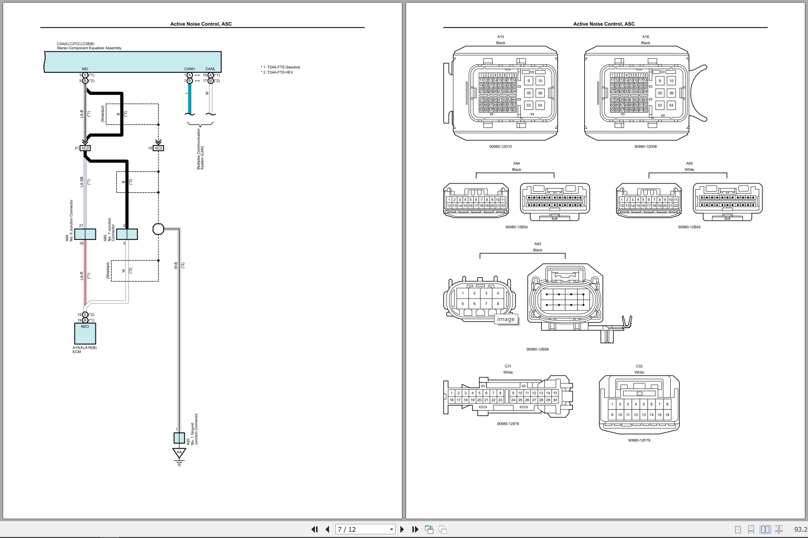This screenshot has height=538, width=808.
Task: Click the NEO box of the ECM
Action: (x=85, y=333)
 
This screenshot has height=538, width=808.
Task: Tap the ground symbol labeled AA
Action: (x=179, y=454)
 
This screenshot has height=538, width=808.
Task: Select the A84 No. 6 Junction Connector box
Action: (x=85, y=234)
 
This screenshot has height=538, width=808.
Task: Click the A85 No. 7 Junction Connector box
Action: (x=127, y=234)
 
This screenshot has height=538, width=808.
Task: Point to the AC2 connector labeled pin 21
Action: (x=85, y=148)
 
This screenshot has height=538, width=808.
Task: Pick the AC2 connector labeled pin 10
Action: (x=158, y=148)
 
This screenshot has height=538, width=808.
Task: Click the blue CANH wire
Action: (x=190, y=100)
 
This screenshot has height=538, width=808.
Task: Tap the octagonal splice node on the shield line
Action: (x=158, y=229)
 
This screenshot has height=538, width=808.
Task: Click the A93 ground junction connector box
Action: (x=179, y=438)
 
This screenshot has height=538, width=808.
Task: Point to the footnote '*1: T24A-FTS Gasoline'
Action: (x=281, y=67)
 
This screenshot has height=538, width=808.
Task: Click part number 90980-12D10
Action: (x=500, y=147)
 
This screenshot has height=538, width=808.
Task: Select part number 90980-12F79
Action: (x=639, y=441)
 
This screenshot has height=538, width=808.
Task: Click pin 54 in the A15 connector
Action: (x=540, y=105)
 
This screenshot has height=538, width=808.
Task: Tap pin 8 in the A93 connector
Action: (x=498, y=304)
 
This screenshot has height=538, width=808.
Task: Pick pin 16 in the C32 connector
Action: (x=667, y=415)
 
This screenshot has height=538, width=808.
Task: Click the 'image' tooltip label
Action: (x=506, y=320)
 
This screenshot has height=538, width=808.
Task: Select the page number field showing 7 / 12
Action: (x=365, y=529)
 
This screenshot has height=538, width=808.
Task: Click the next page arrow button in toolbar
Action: (x=402, y=529)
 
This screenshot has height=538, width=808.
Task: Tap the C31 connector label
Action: (x=508, y=366)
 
